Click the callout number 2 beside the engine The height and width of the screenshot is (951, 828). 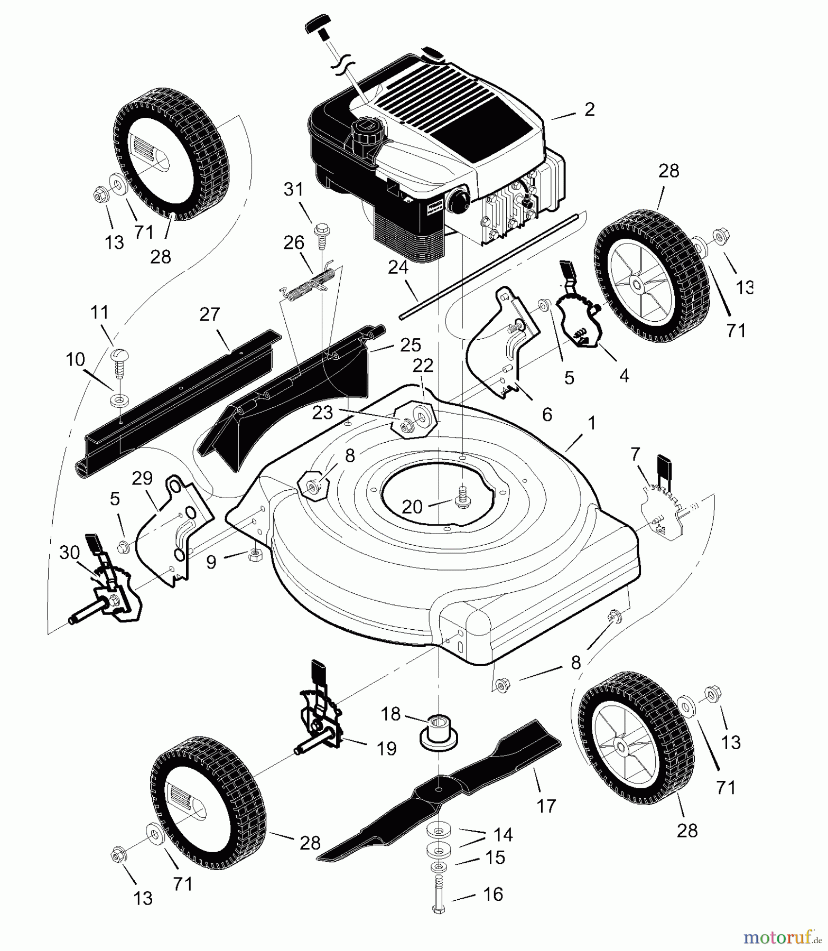[x=590, y=109]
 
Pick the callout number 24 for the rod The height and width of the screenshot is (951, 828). [x=399, y=268]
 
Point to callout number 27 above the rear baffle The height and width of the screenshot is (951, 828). [x=210, y=314]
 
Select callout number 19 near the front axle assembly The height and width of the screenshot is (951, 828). [x=387, y=749]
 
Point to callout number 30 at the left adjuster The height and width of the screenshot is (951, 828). [x=69, y=553]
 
